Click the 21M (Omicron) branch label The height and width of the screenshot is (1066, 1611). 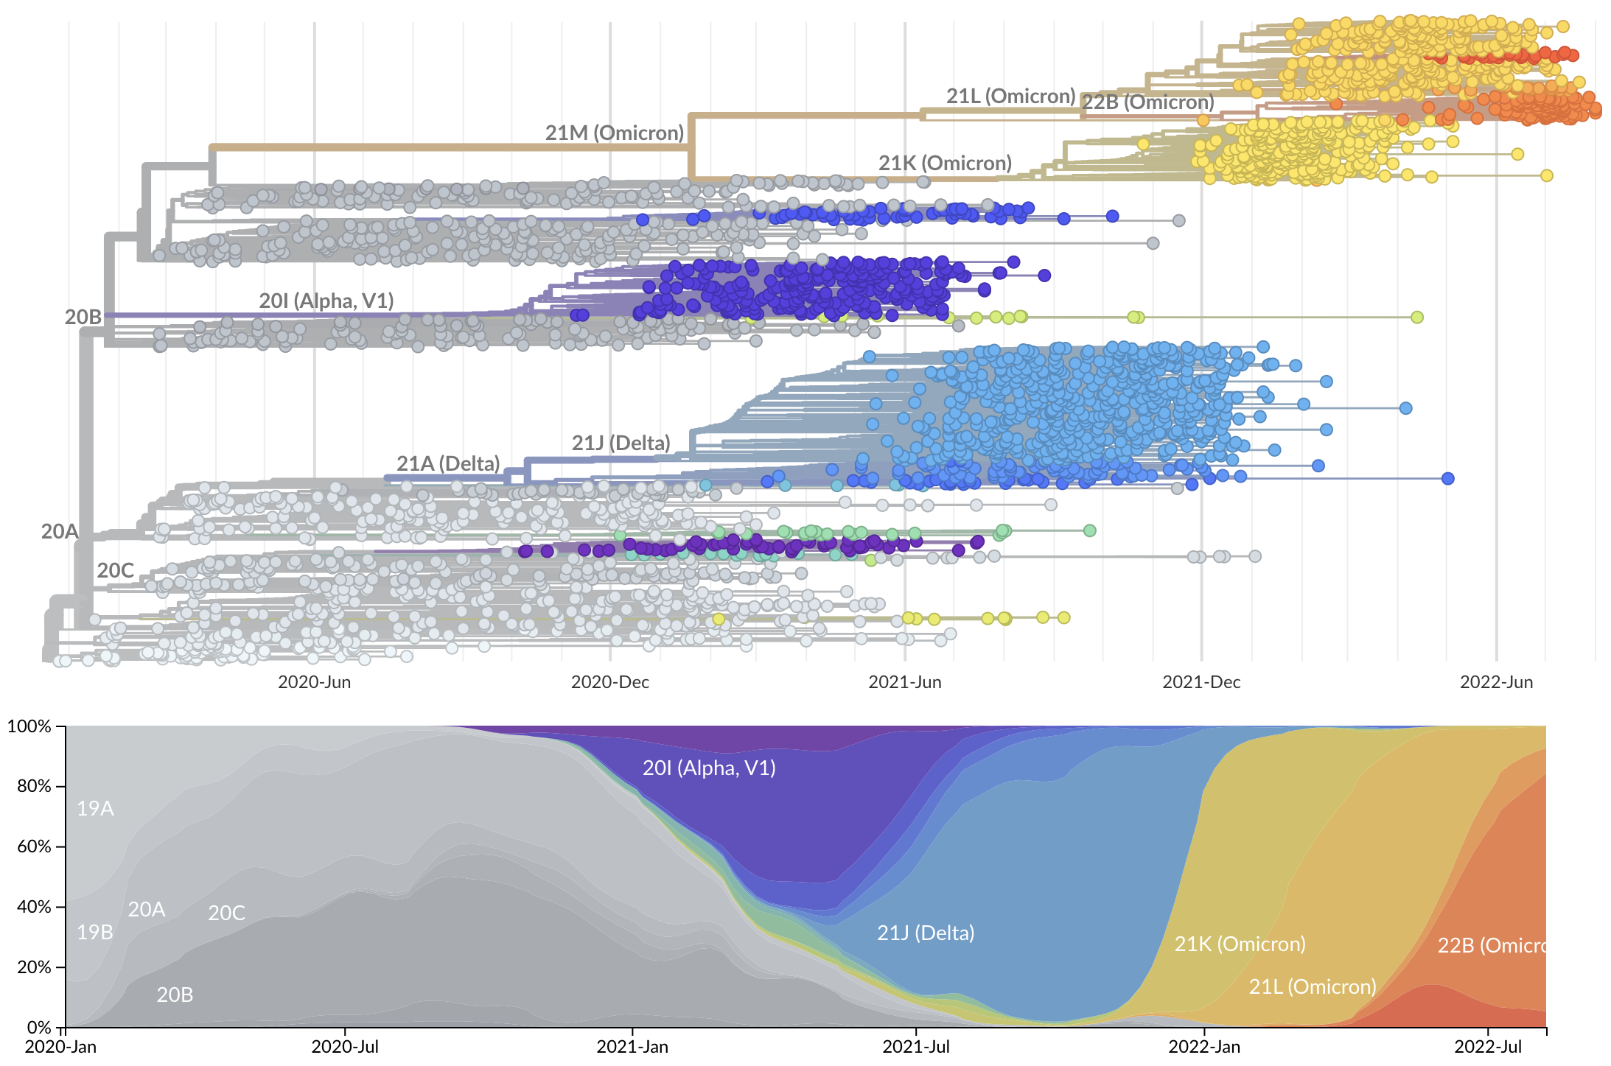tap(615, 133)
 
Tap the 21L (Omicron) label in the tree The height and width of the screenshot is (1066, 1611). tap(1010, 97)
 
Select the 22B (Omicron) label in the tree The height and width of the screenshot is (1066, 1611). tap(1147, 102)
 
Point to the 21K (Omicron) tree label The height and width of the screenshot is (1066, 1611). tap(945, 164)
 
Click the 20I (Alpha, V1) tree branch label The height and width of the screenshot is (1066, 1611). tap(326, 301)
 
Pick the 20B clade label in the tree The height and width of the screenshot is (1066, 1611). tap(83, 318)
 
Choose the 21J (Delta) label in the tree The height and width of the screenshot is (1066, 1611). tap(621, 443)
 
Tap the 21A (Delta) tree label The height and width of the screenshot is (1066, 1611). tap(448, 464)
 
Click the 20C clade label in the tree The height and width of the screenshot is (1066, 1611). tap(116, 571)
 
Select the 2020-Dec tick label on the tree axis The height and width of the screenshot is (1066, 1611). tap(610, 682)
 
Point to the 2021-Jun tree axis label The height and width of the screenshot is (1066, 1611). tap(905, 682)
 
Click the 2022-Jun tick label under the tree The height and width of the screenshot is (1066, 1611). tap(1496, 682)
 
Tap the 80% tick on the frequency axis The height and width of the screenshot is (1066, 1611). tap(34, 787)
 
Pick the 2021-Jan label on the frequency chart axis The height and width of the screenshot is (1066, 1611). tap(632, 1047)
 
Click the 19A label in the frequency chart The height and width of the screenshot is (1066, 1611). tap(95, 809)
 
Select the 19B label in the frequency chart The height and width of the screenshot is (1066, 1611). tap(95, 933)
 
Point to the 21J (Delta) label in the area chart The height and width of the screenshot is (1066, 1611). tap(926, 933)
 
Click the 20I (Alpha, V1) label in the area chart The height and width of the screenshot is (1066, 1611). tap(709, 768)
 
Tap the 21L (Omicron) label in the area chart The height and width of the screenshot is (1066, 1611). tap(1313, 987)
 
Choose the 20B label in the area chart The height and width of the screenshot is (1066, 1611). tap(175, 995)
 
